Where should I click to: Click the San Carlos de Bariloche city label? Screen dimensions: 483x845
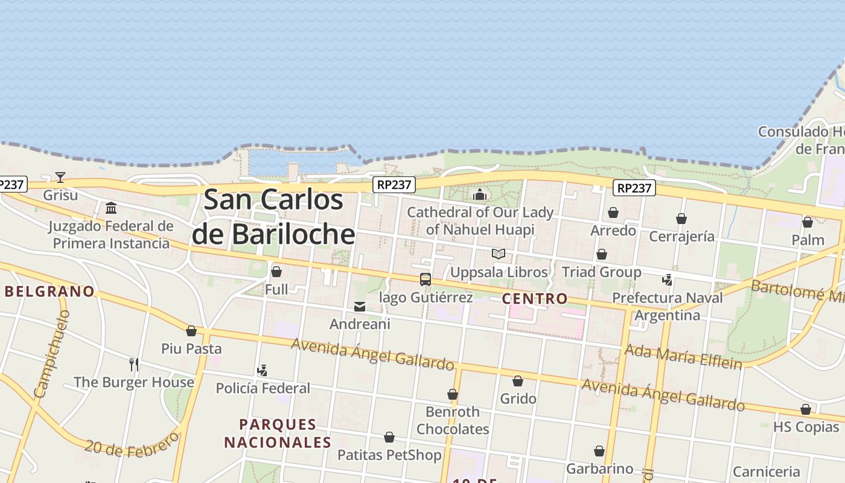coord(273,217)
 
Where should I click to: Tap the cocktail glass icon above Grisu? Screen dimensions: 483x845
coord(60,178)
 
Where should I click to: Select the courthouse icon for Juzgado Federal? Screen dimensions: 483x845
coord(111,208)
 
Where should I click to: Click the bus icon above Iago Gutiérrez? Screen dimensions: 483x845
coord(426,280)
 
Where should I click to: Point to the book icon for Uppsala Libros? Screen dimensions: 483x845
coord(499,254)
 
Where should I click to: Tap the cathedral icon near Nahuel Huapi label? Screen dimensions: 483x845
coord(480,194)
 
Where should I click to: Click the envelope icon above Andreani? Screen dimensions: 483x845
coord(360,307)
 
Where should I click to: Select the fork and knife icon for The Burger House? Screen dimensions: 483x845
coord(134,364)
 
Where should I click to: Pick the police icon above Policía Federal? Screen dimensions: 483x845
coord(262,370)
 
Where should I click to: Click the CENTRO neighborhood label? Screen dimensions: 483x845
coord(535,298)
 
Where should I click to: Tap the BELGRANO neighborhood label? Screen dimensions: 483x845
coord(49,292)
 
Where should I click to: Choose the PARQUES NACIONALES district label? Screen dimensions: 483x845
coord(278,433)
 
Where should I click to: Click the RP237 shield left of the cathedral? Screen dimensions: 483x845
coord(394,185)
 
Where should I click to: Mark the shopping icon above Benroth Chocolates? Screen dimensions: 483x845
coord(453,395)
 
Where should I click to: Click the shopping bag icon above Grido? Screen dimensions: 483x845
coord(518,381)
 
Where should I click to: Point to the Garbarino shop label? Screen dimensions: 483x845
coord(599,469)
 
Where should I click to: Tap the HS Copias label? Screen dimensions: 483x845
coord(806,427)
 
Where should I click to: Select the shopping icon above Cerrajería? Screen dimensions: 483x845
coord(681,219)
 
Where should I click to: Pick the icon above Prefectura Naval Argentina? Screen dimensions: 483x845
coord(667,280)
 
